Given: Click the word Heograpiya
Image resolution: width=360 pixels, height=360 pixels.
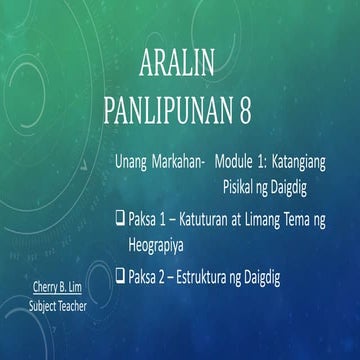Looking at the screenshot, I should tap(160, 242).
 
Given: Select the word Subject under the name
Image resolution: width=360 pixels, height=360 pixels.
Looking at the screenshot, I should tap(42, 299).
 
